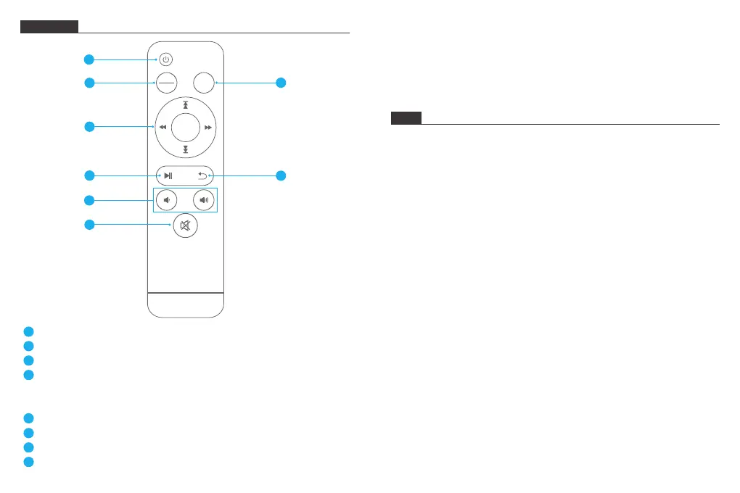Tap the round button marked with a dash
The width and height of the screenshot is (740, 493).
(x=167, y=83)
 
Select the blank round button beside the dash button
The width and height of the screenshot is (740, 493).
(x=204, y=83)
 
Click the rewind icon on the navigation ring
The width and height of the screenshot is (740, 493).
(x=163, y=128)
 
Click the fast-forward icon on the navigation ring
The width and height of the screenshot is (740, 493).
(x=208, y=128)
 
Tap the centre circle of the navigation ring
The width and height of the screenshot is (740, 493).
(x=186, y=128)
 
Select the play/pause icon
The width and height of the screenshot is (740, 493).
(x=168, y=175)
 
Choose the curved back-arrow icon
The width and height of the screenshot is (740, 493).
(x=203, y=175)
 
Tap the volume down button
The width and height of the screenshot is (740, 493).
(x=167, y=199)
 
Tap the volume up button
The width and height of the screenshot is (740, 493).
(x=204, y=199)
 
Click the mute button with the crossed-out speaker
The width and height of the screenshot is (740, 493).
(x=186, y=226)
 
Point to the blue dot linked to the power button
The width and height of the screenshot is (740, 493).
(x=89, y=59)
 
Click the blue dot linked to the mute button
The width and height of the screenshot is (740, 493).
(x=89, y=225)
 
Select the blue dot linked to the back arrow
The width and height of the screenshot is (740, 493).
(x=281, y=175)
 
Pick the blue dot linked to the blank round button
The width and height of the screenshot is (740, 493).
(x=281, y=83)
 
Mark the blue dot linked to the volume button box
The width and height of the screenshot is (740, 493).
(x=89, y=199)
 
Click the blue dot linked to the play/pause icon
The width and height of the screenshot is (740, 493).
(x=89, y=175)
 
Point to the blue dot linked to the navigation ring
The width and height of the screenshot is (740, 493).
(x=89, y=127)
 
